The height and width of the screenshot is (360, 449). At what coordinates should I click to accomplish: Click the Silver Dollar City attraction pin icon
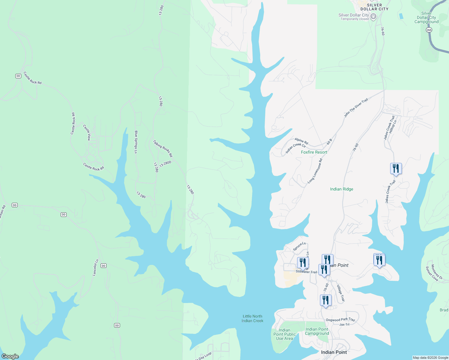tap(373, 16)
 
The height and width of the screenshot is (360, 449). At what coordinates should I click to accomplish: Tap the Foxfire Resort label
tap(314, 152)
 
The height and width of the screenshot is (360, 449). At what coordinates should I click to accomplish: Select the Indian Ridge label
tap(342, 189)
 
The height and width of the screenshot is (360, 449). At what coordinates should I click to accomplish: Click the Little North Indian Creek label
tap(252, 319)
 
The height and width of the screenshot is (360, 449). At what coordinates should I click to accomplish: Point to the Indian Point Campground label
tap(317, 331)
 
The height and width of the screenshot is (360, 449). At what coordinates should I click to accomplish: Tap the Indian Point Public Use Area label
tap(285, 334)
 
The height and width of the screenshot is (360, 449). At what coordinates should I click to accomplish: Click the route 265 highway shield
tap(429, 30)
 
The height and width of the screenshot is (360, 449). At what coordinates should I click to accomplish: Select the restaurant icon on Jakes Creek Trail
tap(396, 169)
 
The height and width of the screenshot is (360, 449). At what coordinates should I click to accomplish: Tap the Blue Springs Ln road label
tap(136, 142)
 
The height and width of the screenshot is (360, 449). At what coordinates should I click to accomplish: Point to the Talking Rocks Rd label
tap(163, 148)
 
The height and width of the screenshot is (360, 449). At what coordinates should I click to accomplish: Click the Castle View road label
tap(87, 133)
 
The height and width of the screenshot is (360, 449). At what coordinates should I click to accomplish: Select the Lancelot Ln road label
tap(95, 268)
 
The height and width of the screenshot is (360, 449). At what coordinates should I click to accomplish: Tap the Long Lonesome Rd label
tap(315, 171)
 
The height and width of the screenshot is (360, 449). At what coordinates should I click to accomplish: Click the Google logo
tap(10, 356)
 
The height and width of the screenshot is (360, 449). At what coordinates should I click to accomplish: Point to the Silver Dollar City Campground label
tap(426, 17)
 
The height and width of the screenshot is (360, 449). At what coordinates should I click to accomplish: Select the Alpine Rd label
tap(301, 141)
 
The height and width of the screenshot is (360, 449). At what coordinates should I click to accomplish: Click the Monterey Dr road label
tap(437, 272)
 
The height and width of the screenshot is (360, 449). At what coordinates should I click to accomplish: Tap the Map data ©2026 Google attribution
tap(430, 358)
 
